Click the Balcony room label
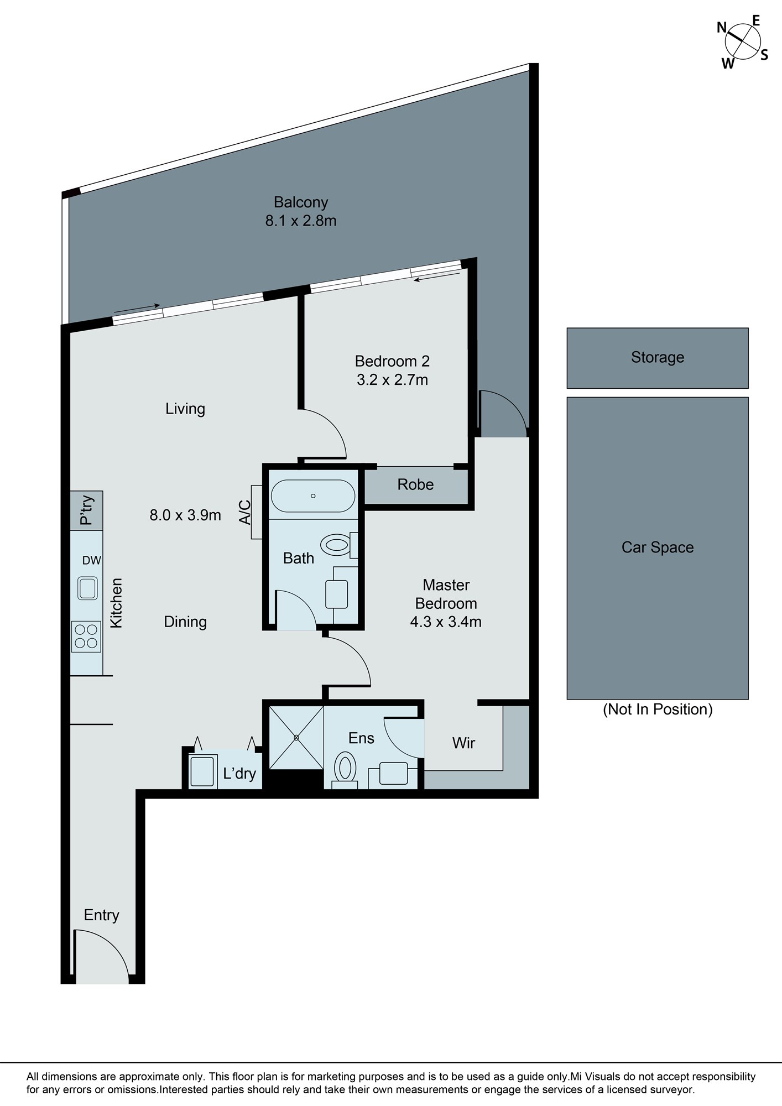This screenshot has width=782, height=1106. click(301, 202)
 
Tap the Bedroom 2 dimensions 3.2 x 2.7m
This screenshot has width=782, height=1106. click(392, 380)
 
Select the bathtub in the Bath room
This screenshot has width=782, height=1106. click(313, 496)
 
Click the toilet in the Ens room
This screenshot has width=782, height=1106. click(345, 769)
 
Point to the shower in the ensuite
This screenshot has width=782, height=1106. click(296, 738)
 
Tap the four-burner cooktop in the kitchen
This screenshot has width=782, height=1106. click(86, 637)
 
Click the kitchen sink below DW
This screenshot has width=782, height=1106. click(88, 588)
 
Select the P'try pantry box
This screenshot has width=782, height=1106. click(86, 510)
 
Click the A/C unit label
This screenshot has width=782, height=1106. click(245, 512)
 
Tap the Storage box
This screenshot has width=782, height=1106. click(658, 358)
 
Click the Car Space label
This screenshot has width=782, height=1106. click(658, 547)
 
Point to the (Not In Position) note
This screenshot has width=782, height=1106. click(658, 709)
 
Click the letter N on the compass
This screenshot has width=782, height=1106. click(722, 27)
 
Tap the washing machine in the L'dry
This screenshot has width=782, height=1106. click(202, 771)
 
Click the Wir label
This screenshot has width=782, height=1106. click(463, 743)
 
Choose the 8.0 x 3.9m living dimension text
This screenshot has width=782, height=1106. click(185, 515)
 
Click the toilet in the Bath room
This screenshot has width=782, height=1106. click(338, 545)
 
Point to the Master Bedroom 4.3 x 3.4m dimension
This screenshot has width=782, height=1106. click(446, 622)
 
